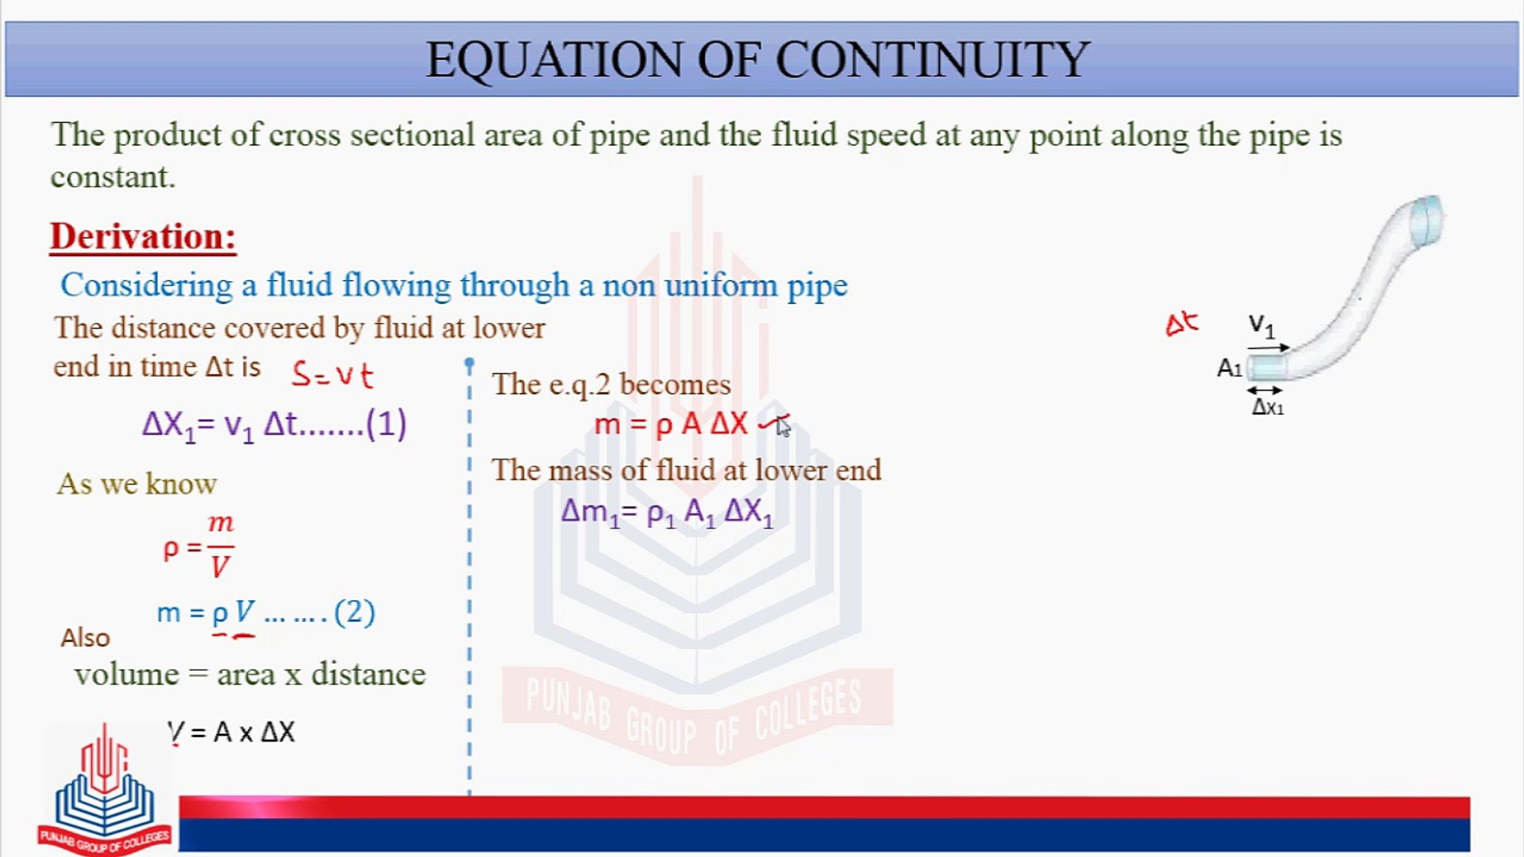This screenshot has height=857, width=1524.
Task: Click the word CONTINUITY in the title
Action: click(x=932, y=60)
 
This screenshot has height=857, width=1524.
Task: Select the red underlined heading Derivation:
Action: click(x=143, y=236)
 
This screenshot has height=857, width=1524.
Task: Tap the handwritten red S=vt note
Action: click(x=332, y=374)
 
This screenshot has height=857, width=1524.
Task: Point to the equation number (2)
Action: click(x=354, y=612)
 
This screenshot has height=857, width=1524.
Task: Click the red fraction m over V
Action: click(x=221, y=546)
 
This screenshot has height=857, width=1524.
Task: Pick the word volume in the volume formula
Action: click(x=127, y=674)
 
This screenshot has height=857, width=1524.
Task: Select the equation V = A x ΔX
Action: click(x=231, y=732)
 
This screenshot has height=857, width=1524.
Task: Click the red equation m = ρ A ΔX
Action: click(x=671, y=425)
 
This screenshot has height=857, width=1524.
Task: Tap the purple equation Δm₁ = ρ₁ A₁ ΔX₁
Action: click(x=667, y=513)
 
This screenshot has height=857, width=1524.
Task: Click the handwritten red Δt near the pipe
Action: click(x=1181, y=324)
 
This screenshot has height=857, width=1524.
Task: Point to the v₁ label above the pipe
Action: click(x=1261, y=325)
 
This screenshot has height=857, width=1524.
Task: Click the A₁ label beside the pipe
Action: click(x=1230, y=368)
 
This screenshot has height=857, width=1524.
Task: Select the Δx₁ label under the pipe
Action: click(x=1268, y=407)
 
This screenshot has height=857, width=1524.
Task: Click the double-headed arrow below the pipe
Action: click(x=1264, y=390)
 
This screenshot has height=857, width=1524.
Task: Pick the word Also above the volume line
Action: click(x=85, y=638)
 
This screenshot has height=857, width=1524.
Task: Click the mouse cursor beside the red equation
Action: click(x=783, y=427)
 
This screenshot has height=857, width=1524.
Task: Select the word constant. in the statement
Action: click(x=113, y=177)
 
